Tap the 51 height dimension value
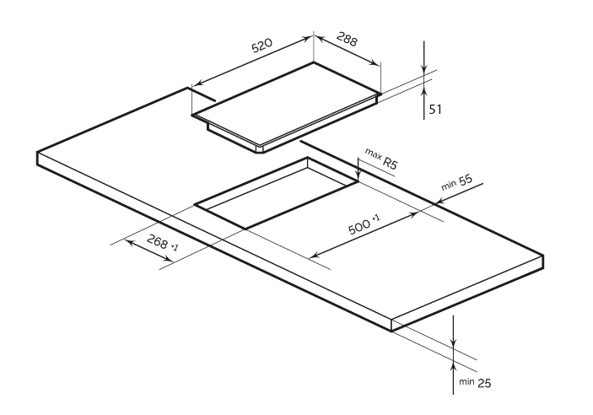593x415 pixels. point(435,109)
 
